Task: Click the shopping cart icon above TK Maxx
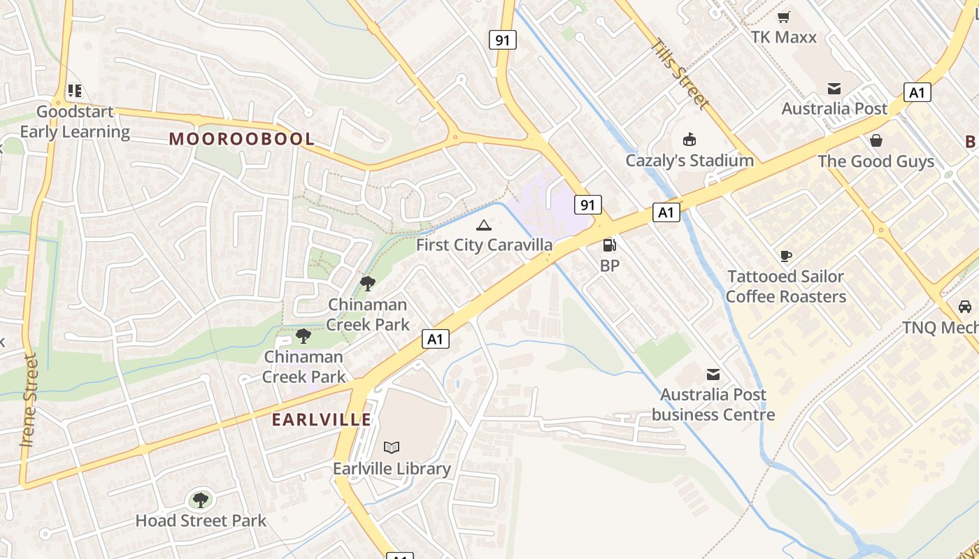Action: point(784,17)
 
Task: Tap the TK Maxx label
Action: point(784,37)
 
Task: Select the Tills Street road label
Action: point(680,73)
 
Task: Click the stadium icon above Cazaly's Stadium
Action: point(689,140)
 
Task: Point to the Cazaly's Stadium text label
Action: point(689,161)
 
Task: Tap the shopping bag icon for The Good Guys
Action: point(876,140)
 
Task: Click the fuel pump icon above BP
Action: point(610,245)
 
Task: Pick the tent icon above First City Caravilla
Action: point(483,225)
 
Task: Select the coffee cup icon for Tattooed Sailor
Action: point(786,256)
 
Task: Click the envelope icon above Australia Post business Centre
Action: point(713,375)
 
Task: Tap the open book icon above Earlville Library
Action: point(392,447)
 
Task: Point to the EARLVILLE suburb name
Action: point(322,420)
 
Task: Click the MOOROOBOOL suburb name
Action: point(242,138)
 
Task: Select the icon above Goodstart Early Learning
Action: point(74,91)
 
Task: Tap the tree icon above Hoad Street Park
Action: point(201,500)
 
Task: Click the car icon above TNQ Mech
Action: point(965,307)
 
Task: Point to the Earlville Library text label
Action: point(392,468)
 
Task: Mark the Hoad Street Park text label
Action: point(201,521)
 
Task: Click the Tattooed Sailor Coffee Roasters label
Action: point(786,286)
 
